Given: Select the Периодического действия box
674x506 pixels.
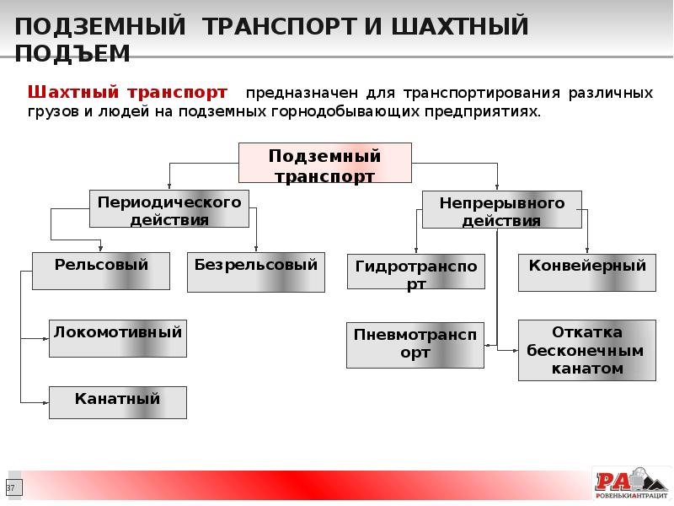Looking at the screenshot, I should coord(169,209).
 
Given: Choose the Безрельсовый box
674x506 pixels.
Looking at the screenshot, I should coord(255,272).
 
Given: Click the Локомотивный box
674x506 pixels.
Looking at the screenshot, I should coord(118,338).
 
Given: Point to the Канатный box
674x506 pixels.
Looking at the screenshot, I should coord(118,402).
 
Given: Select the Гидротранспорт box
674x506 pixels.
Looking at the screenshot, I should coord(415,272).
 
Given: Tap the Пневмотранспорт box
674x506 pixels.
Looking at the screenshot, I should coord(415,344).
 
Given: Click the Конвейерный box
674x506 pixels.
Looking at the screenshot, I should coord(587,272).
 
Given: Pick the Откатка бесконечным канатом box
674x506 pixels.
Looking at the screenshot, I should coord(587,350).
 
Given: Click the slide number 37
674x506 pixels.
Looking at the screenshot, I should coord(11,489).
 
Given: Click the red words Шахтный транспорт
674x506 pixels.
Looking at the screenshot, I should coord(128,91).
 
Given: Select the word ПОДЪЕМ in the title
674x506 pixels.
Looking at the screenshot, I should coord(72,54).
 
